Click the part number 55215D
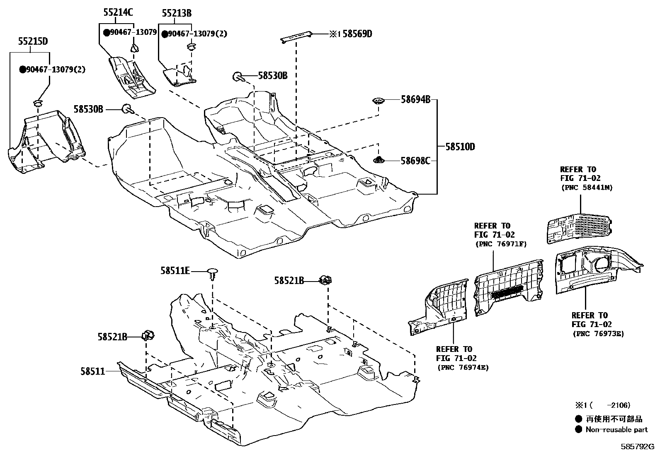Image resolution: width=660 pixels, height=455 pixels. [x=33, y=41]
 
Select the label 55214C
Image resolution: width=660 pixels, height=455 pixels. [x=118, y=12]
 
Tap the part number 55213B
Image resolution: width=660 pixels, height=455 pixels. [x=177, y=14]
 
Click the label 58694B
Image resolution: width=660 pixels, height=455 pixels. [x=415, y=99]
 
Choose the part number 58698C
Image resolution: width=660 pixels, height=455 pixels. [x=415, y=161]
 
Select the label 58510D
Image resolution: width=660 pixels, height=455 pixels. [x=460, y=147]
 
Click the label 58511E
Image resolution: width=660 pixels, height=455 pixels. [x=175, y=271]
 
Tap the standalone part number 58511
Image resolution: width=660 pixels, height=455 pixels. [x=92, y=371]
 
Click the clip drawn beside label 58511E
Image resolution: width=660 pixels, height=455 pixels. [x=213, y=273]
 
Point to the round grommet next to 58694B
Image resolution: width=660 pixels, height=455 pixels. [x=379, y=101]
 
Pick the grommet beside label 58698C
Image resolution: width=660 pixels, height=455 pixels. [x=379, y=159]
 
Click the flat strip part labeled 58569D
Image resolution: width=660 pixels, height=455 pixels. [x=296, y=36]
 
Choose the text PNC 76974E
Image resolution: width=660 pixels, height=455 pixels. [x=463, y=367]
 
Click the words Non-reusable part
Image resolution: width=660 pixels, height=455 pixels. [x=616, y=429]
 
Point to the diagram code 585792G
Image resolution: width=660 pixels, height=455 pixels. [x=637, y=447]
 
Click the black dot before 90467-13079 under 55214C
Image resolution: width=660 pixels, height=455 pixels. [x=106, y=32]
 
